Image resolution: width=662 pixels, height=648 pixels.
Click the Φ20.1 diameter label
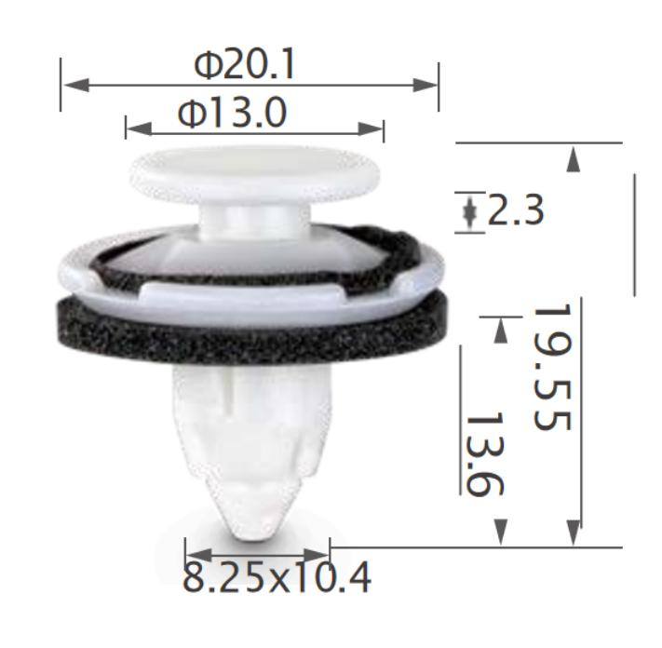(244, 64)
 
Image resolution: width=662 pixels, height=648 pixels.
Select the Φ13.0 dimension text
(232, 113)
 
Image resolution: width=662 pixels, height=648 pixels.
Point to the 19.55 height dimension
(553, 367)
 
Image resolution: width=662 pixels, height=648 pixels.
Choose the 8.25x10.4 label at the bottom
(277, 576)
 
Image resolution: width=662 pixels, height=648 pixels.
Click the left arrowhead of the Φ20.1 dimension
(77, 85)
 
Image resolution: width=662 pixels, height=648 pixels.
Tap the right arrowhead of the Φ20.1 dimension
(426, 85)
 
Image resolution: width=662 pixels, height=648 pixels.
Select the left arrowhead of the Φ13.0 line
(139, 128)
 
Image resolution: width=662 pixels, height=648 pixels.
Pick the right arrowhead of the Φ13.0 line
(371, 128)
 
